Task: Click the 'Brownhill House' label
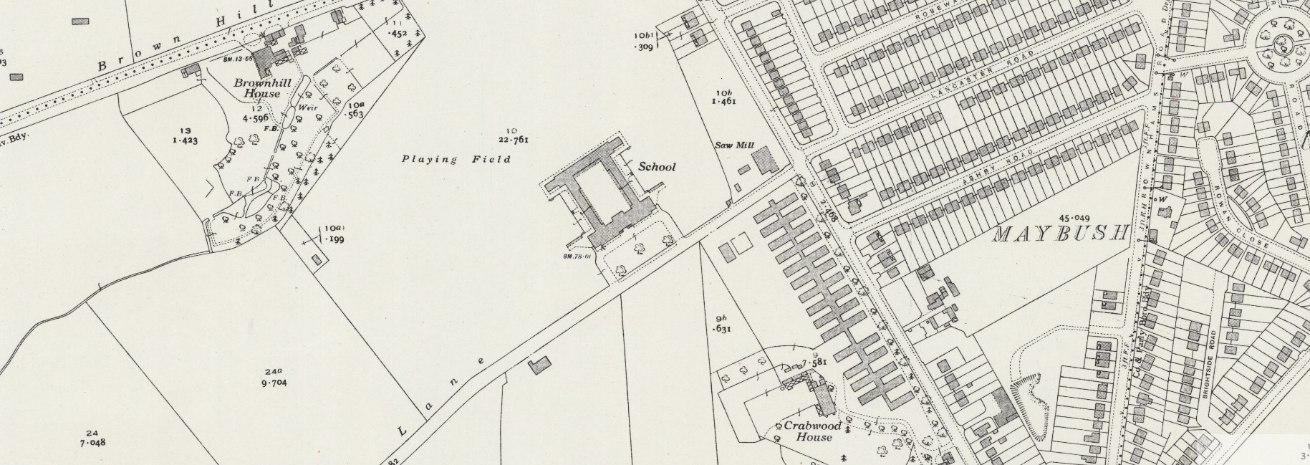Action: pos(256,88)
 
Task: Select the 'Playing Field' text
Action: pos(456,159)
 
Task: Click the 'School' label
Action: pos(656,167)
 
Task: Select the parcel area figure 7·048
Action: pos(92,442)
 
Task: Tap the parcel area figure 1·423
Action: pos(184,140)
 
